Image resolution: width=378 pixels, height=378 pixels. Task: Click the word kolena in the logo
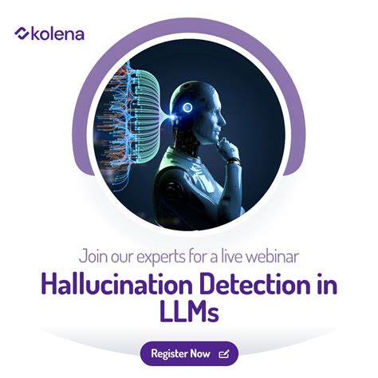[57, 33]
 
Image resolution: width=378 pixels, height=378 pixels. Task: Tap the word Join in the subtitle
[96, 257]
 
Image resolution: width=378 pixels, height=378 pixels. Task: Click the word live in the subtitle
[228, 257]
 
